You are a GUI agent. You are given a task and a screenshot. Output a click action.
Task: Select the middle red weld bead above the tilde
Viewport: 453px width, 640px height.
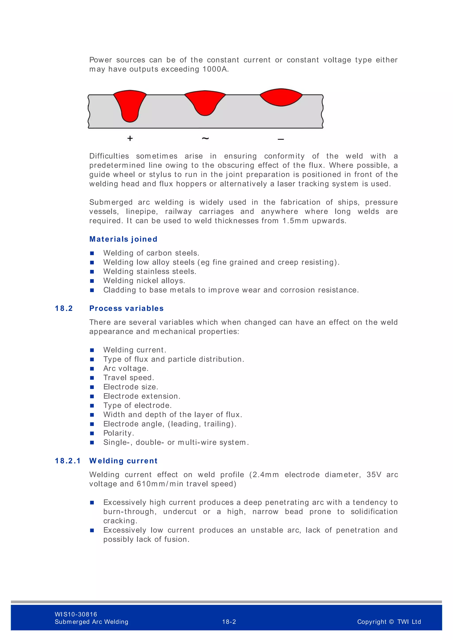205,102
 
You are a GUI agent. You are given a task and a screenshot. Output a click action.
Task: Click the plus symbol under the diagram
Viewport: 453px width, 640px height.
130,138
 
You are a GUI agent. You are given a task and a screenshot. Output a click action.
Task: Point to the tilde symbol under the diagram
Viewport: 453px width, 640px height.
205,138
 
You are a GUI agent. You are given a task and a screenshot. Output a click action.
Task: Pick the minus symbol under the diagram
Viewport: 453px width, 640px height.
281,139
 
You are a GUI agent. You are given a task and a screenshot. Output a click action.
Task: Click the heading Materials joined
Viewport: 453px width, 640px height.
123,239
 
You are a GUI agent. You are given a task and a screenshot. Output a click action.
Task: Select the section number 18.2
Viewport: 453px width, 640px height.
64,308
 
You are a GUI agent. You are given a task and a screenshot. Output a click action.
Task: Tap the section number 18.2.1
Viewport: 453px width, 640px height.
68,461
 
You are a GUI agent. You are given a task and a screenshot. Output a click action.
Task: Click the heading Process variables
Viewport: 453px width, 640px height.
126,308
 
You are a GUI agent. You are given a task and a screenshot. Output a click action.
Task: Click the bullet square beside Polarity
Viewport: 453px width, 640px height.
92,433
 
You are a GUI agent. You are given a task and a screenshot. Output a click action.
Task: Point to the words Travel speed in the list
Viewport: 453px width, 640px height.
128,378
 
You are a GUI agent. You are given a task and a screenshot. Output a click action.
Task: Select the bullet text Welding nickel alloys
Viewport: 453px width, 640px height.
144,281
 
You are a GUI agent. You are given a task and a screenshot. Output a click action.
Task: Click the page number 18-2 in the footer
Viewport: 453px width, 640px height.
229,622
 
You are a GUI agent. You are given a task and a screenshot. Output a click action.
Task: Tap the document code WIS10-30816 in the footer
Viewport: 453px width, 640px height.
76,614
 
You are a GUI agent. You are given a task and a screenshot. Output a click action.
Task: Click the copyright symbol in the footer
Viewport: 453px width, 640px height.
391,622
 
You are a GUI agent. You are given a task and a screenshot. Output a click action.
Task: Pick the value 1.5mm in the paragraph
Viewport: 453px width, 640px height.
295,221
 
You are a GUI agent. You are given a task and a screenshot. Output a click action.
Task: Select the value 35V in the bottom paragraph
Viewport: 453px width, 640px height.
374,475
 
